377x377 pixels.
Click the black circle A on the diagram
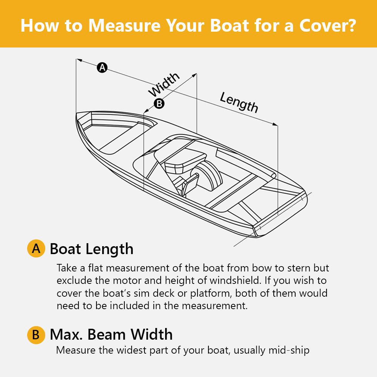tap(102, 67)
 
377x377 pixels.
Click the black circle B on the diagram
tap(159, 104)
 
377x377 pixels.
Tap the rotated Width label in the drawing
tap(164, 84)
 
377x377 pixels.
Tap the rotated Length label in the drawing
tap(239, 102)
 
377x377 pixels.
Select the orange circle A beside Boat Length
tap(36, 248)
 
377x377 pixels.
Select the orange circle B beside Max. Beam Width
tap(36, 335)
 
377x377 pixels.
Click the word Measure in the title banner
tap(124, 25)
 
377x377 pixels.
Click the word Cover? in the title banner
tap(328, 25)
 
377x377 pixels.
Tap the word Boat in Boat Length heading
tap(65, 248)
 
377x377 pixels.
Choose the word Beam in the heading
tap(106, 334)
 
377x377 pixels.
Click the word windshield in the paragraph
tap(235, 280)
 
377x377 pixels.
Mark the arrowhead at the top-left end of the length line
tap(79, 60)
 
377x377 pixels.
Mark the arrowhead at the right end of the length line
tap(275, 124)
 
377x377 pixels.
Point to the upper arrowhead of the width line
tap(195, 75)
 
